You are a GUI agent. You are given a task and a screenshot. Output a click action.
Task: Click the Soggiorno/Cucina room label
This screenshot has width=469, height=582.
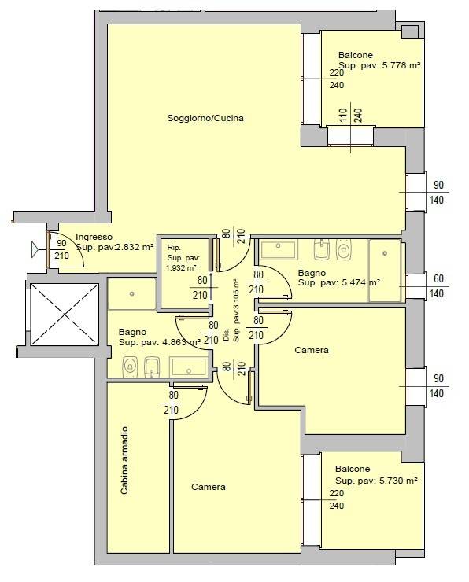coord(205,118)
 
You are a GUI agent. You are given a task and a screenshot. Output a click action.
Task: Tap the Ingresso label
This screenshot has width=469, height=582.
coord(94,237)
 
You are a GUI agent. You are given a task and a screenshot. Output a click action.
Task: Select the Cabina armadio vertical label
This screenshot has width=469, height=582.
coord(124,460)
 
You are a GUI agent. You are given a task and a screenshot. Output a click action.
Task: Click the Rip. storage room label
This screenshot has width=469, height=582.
coord(174,248)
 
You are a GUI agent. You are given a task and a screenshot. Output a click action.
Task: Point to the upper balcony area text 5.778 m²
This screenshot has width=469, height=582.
coord(401,66)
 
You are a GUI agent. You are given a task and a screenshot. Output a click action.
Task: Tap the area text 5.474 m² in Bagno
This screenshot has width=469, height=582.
coord(360,282)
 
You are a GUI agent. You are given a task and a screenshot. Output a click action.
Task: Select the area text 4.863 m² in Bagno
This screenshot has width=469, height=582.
coord(182,342)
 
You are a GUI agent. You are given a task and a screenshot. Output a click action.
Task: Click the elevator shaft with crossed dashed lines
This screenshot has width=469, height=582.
coord(65,315)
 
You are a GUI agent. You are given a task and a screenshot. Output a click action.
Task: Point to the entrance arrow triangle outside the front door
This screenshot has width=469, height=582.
coord(35,249)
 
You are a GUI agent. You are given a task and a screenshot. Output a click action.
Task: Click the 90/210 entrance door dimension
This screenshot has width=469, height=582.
coord(61,249)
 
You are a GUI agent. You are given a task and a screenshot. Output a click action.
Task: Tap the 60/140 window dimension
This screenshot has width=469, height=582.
coord(437,286)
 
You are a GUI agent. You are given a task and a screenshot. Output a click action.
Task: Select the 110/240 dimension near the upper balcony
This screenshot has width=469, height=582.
coord(350,116)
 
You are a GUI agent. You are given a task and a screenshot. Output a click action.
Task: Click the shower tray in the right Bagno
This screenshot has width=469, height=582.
coord(385,271)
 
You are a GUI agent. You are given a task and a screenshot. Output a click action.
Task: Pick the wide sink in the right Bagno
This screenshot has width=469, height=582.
coord(279,250)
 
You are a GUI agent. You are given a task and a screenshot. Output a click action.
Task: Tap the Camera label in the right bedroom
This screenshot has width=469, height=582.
coord(311,350)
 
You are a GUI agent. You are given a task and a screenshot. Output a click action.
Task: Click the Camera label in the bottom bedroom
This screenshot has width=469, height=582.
coord(209,487)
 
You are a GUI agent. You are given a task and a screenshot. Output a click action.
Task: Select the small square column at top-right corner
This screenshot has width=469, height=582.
coord(409,31)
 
